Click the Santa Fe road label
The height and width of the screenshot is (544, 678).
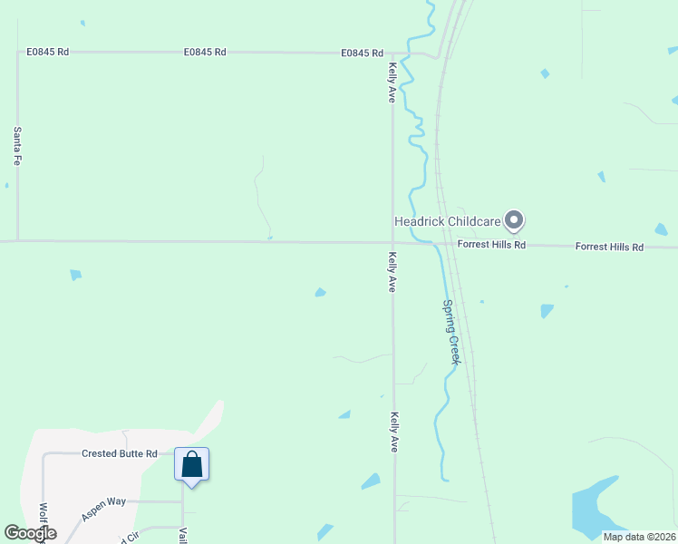coord(17,145)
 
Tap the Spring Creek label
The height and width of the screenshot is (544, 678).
coord(451,332)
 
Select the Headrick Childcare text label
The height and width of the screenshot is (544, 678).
coord(447,221)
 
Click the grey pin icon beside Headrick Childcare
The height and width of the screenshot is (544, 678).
coord(515,220)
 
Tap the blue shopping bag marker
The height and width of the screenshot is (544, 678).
coord(191,465)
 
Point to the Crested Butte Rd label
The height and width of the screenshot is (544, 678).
coord(120,453)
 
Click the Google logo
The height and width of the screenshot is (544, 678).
coord(30,533)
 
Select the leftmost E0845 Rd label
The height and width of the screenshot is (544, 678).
coord(48,53)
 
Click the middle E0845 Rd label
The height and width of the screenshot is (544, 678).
coord(205,53)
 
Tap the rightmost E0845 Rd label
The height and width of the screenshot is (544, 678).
coord(363,53)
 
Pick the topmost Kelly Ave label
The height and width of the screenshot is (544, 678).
coord(392,83)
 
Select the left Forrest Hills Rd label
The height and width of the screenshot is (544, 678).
coord(491,245)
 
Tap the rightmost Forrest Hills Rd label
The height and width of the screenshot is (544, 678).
coord(609,247)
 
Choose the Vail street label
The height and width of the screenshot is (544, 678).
coord(182,535)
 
